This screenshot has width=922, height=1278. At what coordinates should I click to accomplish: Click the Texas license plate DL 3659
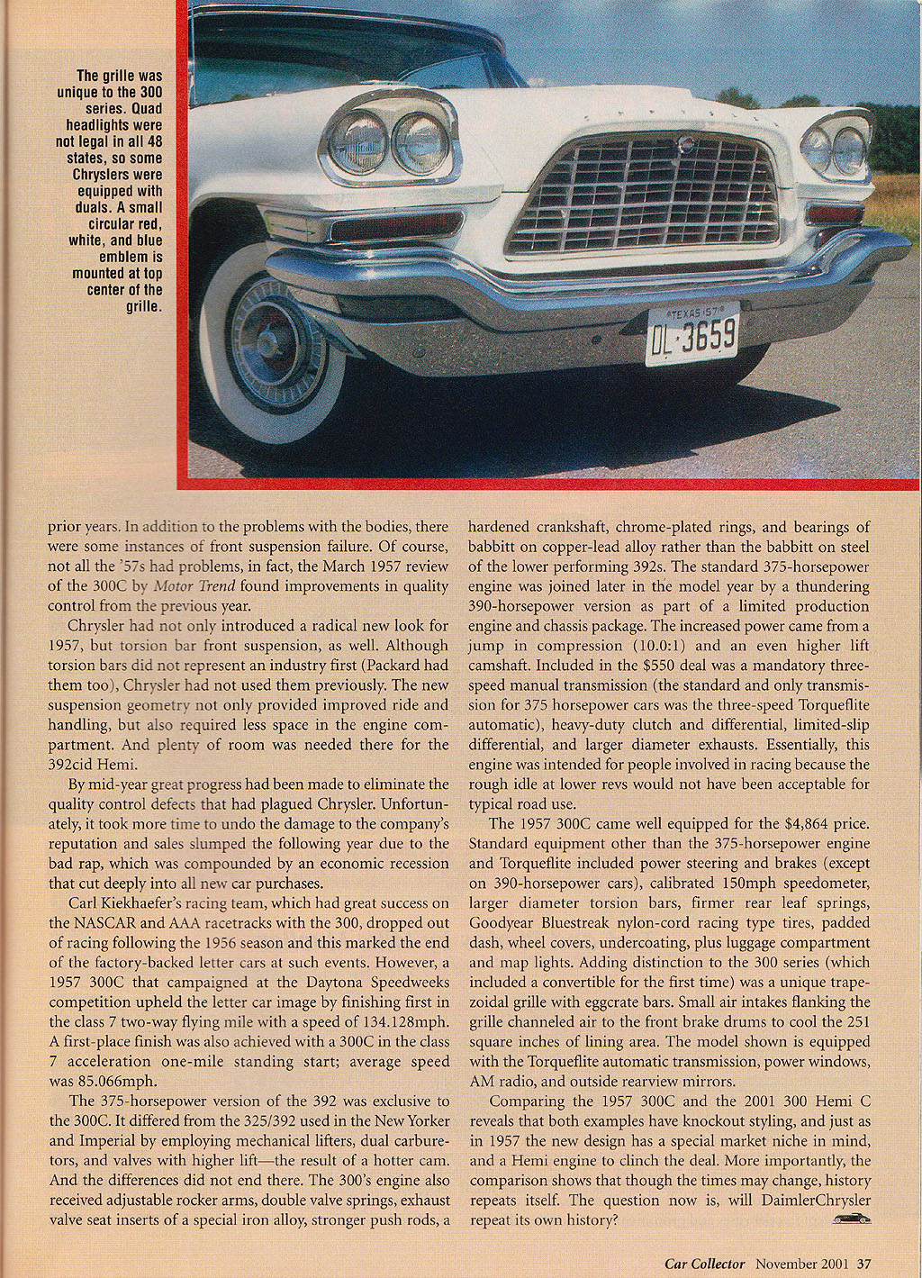691,333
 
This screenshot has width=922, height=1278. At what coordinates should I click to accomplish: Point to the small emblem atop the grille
686,143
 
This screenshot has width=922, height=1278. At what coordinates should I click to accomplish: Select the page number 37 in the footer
863,1263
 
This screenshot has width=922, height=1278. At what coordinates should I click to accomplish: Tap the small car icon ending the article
852,1219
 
